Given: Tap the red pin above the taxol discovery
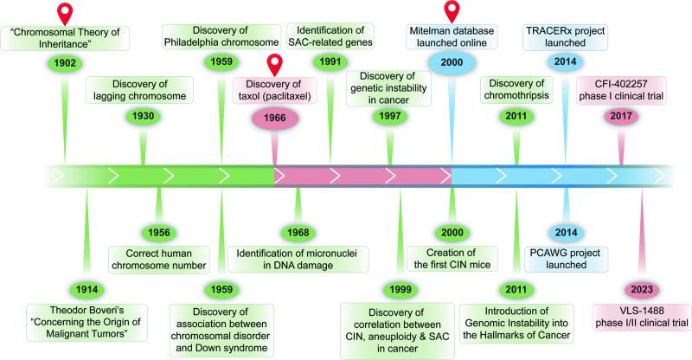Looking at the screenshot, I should coord(276,66).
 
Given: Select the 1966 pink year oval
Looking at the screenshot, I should coord(274,119).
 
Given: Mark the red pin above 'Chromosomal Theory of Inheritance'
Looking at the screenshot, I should coord(65,12).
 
